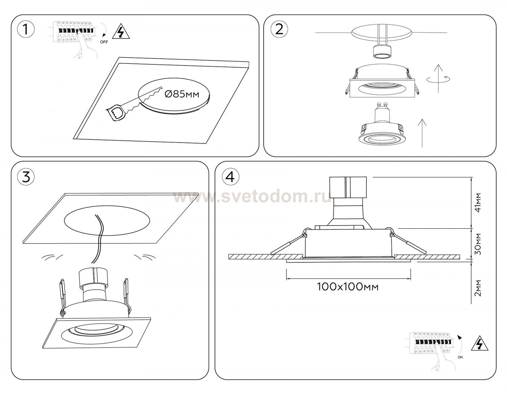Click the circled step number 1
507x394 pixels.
click(26, 30)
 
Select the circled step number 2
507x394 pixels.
click(279, 30)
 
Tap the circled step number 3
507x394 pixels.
click(26, 177)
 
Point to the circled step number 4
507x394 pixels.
click(231, 177)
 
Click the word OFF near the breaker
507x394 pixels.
click(104, 42)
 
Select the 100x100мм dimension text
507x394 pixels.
click(348, 287)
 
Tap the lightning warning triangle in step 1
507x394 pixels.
click(121, 32)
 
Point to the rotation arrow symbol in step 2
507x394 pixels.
click(438, 79)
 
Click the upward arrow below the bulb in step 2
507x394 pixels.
click(422, 133)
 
